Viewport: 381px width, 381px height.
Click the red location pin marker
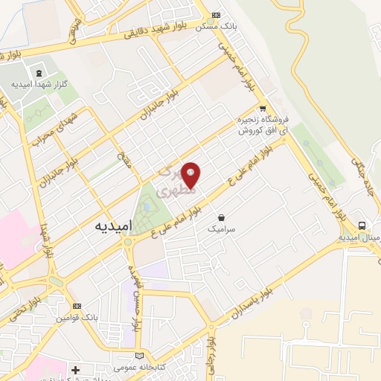click(x=191, y=175)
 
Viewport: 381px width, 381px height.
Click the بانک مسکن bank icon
click(x=217, y=15)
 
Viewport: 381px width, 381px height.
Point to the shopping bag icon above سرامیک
click(x=221, y=217)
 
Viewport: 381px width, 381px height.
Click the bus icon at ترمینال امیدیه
click(x=362, y=225)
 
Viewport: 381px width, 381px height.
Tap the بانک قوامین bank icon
click(x=77, y=306)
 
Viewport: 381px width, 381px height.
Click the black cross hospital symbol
click(x=75, y=370)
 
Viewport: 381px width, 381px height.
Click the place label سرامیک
click(x=221, y=231)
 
